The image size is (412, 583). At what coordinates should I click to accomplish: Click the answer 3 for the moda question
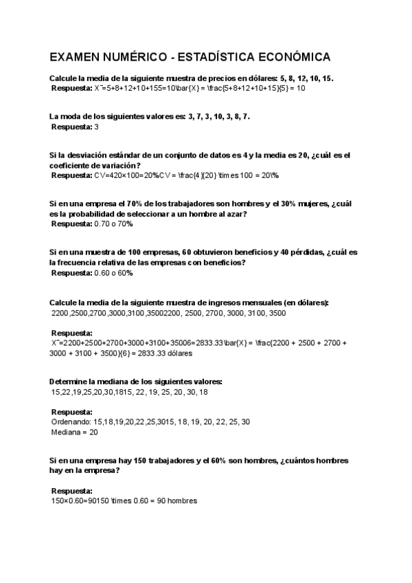coord(96,127)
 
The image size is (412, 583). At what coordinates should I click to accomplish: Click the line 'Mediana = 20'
coord(75,433)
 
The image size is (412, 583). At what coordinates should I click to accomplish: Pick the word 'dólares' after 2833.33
coord(179,353)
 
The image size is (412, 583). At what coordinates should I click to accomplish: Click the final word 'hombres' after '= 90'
coord(183,500)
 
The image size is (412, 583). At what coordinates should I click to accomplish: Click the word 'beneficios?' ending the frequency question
coord(224,263)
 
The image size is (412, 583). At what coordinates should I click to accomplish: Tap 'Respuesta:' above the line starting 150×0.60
coord(72,491)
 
